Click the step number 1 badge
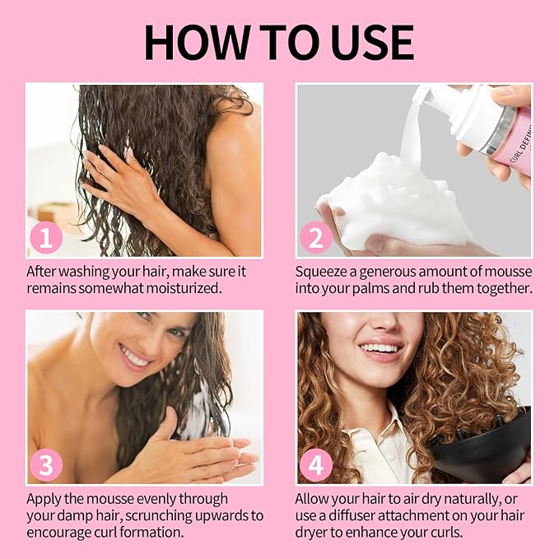point(47,239)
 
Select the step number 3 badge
point(47,466)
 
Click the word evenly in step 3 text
point(159,498)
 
